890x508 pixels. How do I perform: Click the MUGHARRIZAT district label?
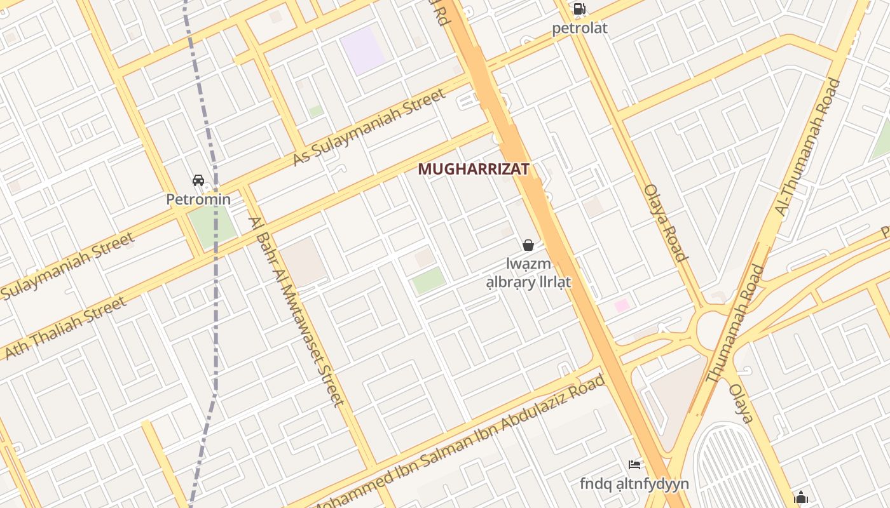[474, 169]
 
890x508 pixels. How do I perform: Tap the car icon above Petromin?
[198, 180]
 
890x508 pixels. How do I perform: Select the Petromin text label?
[198, 199]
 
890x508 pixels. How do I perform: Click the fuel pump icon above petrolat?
[579, 9]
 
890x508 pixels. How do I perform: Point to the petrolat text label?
[579, 28]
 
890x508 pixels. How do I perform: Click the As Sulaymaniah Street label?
[369, 127]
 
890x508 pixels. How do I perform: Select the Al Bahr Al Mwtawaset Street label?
[297, 311]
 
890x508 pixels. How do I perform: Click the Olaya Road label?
[666, 223]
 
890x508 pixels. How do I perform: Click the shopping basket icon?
[528, 245]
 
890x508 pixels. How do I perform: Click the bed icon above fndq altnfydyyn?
[634, 465]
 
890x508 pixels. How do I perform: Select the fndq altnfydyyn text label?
[634, 484]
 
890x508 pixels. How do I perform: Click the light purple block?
[362, 50]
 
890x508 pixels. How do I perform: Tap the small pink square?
[622, 305]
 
